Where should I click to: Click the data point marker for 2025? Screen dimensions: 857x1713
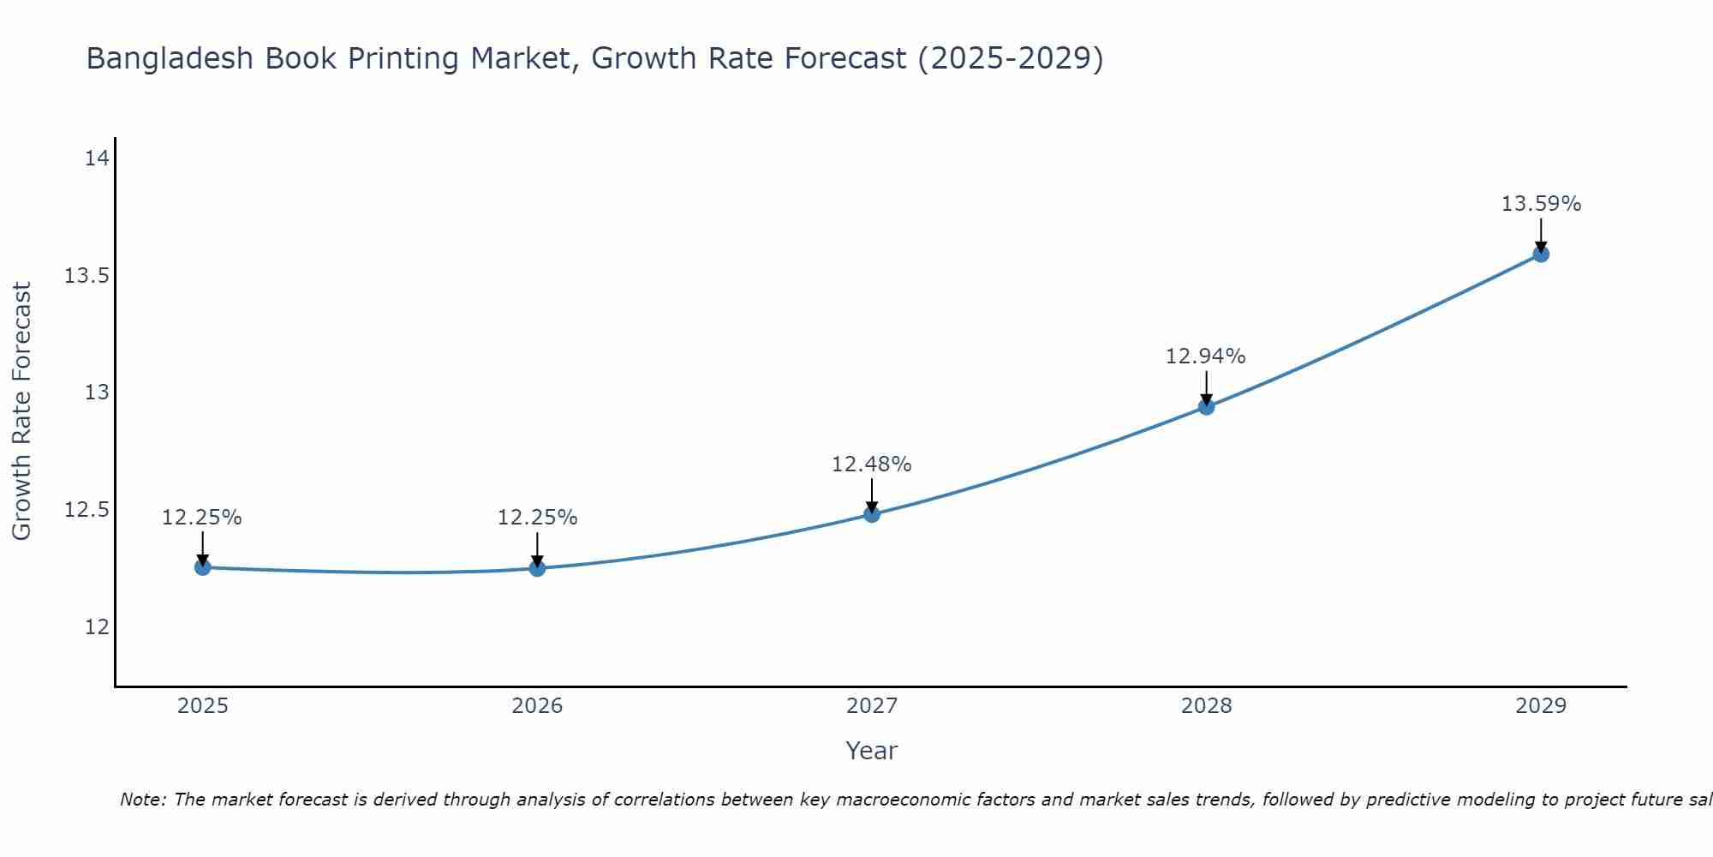[202, 567]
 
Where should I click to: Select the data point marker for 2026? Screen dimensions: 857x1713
[537, 568]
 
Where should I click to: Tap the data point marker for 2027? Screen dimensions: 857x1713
[872, 514]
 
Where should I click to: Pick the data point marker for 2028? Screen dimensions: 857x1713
[1206, 407]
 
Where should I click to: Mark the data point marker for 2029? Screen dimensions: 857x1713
[1541, 254]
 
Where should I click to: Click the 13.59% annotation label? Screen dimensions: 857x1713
[1541, 204]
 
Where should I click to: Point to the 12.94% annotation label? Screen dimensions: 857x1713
[1205, 357]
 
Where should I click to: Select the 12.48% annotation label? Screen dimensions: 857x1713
[871, 464]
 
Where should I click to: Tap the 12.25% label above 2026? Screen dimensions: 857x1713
[537, 518]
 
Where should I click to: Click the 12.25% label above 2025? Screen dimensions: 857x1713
[202, 518]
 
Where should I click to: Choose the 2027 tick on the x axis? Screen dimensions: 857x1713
[872, 706]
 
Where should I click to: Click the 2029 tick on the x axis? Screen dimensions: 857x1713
[1541, 706]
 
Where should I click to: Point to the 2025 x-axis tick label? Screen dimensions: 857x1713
[202, 706]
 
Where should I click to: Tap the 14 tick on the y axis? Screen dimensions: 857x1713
[97, 159]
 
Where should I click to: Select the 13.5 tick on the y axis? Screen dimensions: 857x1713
[87, 276]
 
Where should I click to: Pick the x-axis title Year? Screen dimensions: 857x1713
[871, 751]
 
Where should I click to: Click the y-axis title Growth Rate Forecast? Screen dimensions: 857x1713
[21, 411]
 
